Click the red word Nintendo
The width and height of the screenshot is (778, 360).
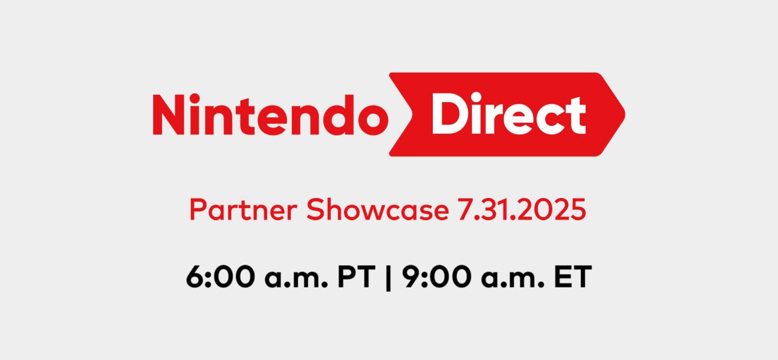tap(270, 114)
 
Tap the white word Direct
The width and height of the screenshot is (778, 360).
tap(509, 113)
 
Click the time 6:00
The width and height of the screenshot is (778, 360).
tap(220, 277)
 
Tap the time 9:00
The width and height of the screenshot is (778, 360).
tap(437, 277)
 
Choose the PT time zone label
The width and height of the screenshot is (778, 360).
tap(357, 277)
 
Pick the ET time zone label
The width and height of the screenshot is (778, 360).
tap(573, 277)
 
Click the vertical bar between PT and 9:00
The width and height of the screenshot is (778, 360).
tap(388, 277)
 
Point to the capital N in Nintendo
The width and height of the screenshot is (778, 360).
tap(169, 115)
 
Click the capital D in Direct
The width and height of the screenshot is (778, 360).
tap(449, 113)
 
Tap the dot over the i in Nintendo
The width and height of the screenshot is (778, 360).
tap(195, 98)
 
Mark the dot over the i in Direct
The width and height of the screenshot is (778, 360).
tap(476, 97)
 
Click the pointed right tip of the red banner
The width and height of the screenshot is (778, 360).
tap(625, 114)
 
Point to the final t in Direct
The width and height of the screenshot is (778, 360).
tap(576, 116)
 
